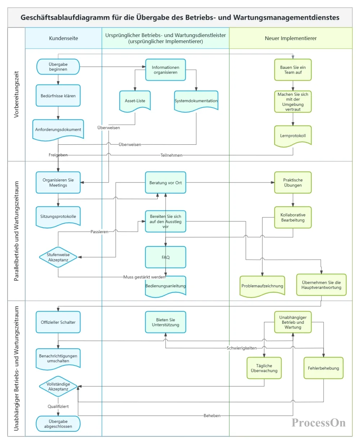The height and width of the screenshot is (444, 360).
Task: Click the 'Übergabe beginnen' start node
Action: click(x=58, y=67)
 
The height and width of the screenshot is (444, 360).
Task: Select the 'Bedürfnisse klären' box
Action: click(x=58, y=95)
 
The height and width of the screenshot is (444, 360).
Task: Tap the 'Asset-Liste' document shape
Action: click(x=135, y=101)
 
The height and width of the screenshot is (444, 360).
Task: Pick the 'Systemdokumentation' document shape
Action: click(x=196, y=101)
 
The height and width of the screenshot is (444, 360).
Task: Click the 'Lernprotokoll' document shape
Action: click(x=293, y=136)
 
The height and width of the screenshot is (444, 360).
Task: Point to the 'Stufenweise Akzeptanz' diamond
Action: click(x=58, y=257)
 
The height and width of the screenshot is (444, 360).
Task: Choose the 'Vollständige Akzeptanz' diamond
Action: click(x=58, y=386)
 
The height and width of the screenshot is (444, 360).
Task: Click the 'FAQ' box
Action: click(x=165, y=257)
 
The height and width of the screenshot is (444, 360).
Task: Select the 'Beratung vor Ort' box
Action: click(x=165, y=183)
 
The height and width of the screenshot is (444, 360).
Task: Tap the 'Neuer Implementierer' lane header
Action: click(x=291, y=38)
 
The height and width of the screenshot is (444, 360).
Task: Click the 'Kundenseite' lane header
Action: click(x=64, y=38)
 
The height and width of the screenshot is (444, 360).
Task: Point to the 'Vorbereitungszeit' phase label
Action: click(x=16, y=94)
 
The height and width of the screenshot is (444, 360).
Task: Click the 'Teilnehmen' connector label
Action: click(x=171, y=155)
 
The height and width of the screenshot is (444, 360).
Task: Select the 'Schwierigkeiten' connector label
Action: click(x=242, y=348)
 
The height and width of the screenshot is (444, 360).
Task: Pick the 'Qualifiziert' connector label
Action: click(x=58, y=406)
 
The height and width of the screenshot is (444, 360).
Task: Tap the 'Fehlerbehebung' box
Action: click(x=323, y=368)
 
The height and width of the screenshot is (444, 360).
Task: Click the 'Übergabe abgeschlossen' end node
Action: click(x=58, y=424)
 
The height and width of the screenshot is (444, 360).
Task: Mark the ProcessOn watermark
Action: click(x=319, y=422)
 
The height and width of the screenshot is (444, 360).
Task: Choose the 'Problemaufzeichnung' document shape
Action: click(x=262, y=286)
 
